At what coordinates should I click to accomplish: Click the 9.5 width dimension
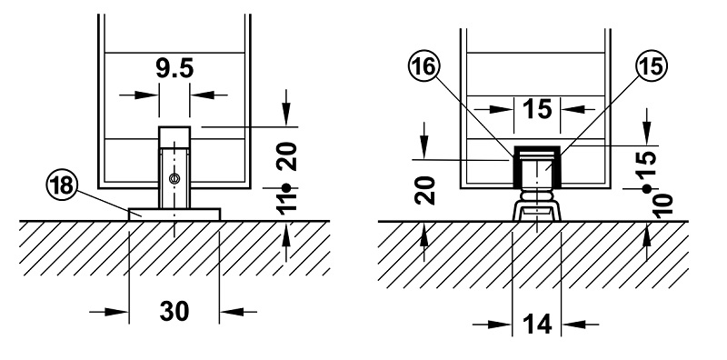174,69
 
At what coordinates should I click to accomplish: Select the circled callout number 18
62,185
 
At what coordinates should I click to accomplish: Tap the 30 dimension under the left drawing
174,311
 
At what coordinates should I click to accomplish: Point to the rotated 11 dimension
288,204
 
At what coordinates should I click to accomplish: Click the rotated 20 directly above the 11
288,156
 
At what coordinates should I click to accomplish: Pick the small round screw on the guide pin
174,177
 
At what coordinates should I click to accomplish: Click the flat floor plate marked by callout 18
174,214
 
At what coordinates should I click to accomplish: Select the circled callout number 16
423,66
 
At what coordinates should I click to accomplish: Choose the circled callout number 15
652,65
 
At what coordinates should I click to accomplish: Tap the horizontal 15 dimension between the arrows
537,109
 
